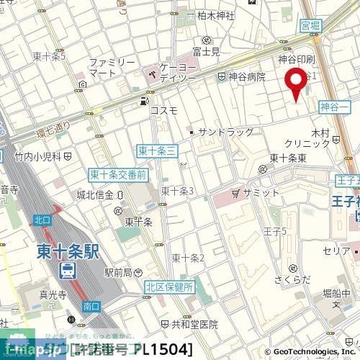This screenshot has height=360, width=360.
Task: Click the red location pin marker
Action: [295, 86]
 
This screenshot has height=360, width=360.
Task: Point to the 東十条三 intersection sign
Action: [153, 150]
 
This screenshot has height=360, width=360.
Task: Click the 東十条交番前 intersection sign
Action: [117, 174]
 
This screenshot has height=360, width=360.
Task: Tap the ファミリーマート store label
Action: [111, 68]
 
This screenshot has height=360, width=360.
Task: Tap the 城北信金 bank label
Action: [95, 194]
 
